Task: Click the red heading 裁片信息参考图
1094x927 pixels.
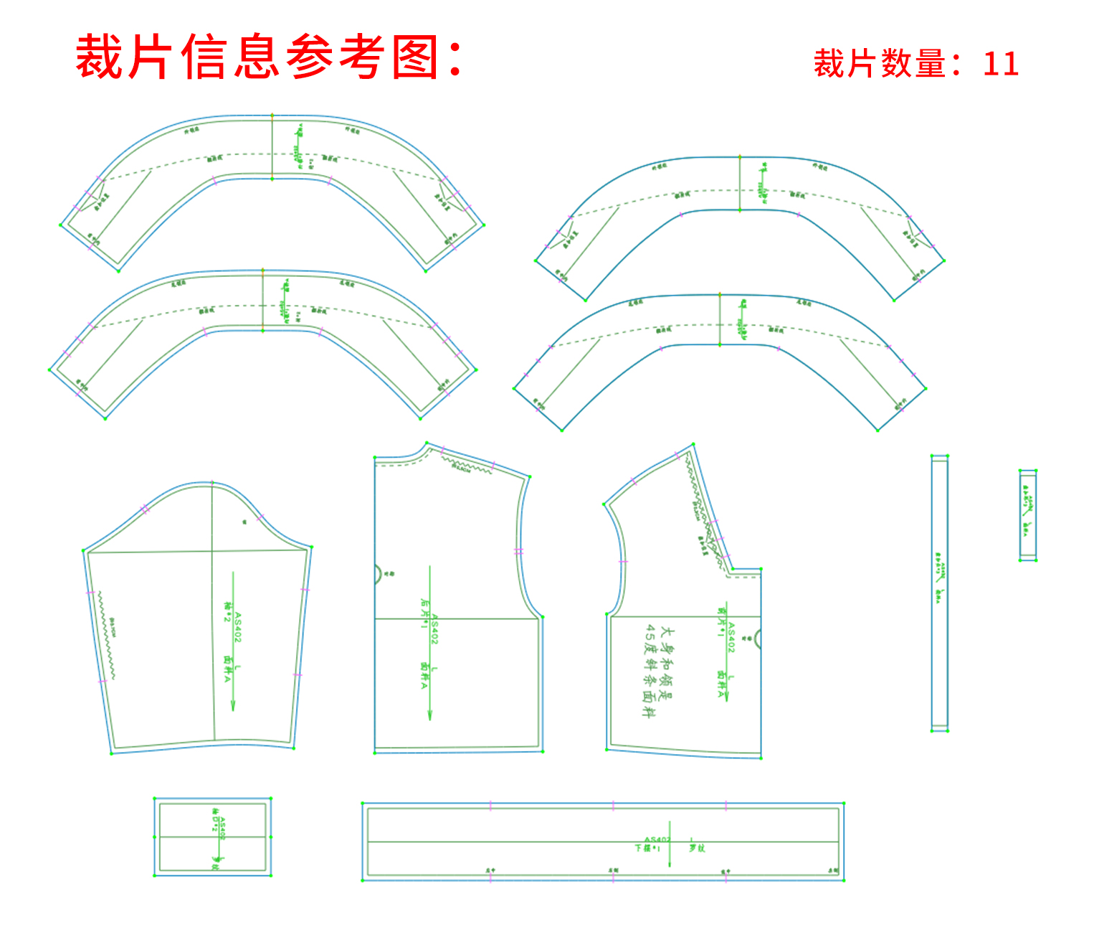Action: click(269, 57)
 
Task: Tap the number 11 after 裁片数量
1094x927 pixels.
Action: click(1000, 64)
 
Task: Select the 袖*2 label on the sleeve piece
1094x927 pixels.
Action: click(228, 612)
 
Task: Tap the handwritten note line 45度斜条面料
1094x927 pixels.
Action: click(649, 671)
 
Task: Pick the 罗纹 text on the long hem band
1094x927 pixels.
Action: click(697, 847)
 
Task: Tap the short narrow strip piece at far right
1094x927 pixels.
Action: click(1028, 515)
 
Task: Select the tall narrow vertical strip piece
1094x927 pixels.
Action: click(940, 593)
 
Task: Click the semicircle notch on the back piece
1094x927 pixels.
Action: click(378, 574)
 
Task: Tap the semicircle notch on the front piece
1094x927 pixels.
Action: click(757, 638)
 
